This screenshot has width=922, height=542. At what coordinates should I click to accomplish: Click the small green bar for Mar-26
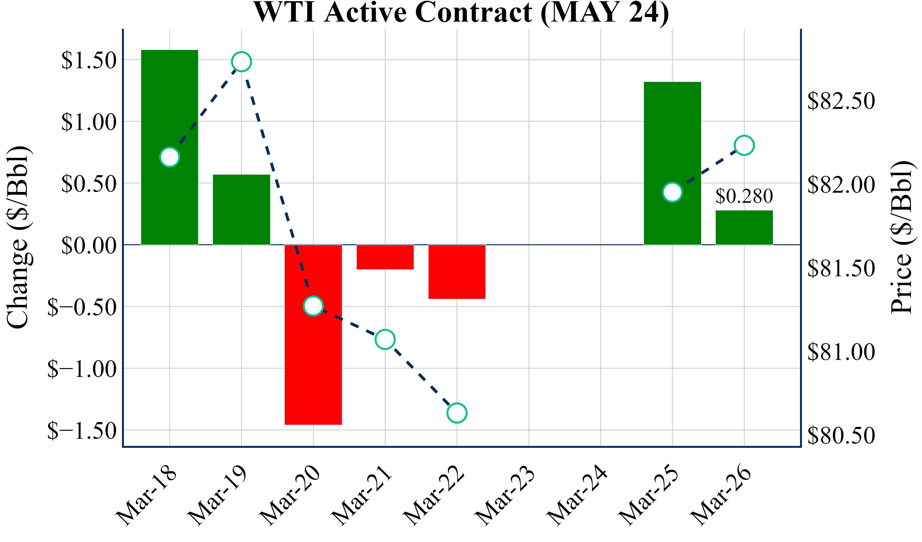[x=744, y=228]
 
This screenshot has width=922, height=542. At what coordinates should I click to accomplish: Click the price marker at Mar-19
[x=242, y=62]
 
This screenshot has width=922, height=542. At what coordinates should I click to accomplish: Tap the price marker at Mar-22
[x=457, y=413]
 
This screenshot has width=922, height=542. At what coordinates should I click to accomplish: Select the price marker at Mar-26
[x=744, y=145]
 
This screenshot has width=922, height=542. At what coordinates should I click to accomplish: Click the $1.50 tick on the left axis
[x=89, y=61]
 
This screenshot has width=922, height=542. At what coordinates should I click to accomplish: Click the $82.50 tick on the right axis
[x=841, y=101]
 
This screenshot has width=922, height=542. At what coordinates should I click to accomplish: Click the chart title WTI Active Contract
[x=461, y=12]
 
